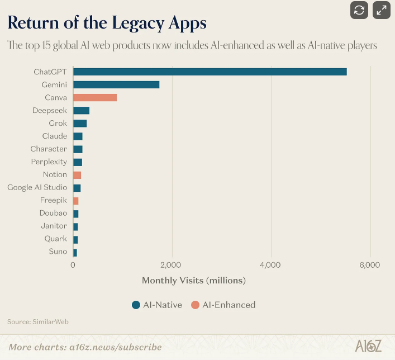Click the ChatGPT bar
pos(210,72)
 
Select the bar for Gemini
pos(116,84)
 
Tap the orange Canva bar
pos(95,97)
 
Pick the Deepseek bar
pos(81,110)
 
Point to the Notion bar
pos(77,174)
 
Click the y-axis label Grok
pos(58,123)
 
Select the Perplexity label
pos(49,162)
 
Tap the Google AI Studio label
pos(37,187)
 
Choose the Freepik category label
pos(54,200)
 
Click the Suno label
pos(58,252)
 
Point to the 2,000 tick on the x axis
pos(172,264)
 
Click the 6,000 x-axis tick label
pos(369,264)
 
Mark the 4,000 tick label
pos(270,264)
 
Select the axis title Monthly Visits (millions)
pos(194,280)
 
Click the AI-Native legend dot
pos(136,305)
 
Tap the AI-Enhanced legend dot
pos(195,305)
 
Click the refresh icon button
pos(359,10)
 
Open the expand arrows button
pos(382,10)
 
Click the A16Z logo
pos(368,346)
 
